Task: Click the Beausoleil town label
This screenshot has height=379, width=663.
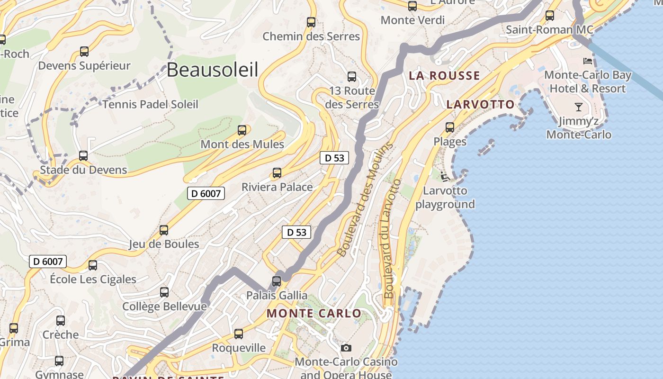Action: (x=212, y=70)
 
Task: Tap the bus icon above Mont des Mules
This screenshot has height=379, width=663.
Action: (x=242, y=130)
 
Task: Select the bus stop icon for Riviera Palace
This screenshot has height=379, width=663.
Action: (x=277, y=173)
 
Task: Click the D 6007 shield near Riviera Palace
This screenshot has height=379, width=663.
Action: (x=206, y=193)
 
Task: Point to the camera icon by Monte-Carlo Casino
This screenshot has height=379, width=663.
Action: (x=346, y=348)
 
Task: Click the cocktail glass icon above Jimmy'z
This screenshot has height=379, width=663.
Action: (x=578, y=107)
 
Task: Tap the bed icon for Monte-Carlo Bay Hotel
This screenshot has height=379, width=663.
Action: (x=588, y=61)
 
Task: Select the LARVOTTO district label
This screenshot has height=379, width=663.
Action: (x=480, y=105)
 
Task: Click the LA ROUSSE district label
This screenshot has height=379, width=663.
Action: (x=444, y=76)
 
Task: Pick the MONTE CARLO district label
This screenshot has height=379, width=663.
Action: (x=314, y=314)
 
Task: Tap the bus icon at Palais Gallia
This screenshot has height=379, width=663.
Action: (x=277, y=281)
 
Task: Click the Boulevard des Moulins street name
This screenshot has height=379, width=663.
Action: (x=365, y=199)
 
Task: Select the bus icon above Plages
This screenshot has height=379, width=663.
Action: (x=450, y=127)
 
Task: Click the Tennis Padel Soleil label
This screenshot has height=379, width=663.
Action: (x=150, y=104)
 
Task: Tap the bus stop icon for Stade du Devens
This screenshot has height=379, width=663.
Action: (x=83, y=156)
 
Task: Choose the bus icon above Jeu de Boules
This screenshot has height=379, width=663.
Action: (x=164, y=230)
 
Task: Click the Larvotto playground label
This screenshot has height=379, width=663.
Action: (x=445, y=198)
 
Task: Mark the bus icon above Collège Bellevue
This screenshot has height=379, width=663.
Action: (x=164, y=292)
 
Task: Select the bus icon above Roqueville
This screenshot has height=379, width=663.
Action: (x=239, y=334)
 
